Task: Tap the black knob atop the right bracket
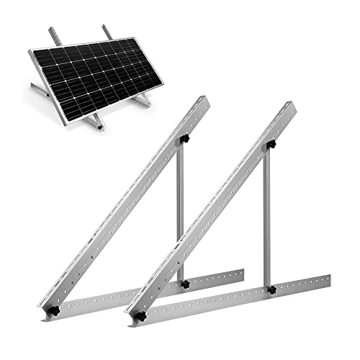pos(271,145)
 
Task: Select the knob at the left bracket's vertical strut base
pos(184,284)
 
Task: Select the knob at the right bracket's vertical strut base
pos(271,290)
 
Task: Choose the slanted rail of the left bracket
pos(122,202)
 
